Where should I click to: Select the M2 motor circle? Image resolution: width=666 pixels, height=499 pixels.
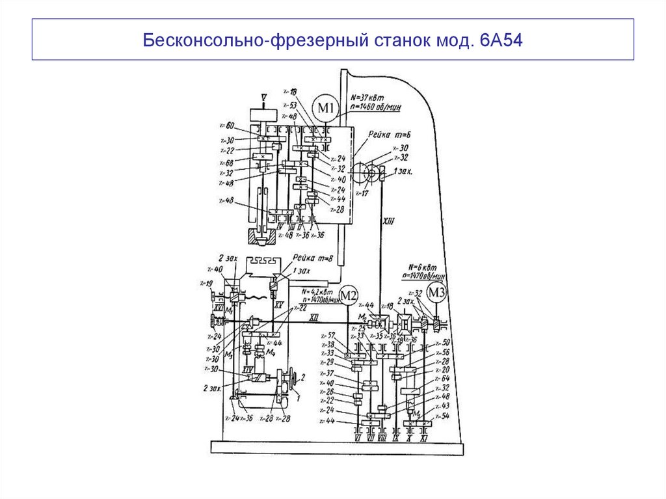[x=349, y=296]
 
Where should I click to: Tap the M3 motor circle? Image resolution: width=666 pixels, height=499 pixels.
[x=438, y=293]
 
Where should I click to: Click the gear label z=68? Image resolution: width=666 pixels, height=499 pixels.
[x=226, y=163]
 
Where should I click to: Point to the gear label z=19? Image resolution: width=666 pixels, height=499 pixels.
[x=207, y=284]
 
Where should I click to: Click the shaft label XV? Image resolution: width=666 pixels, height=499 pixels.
[x=278, y=304]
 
